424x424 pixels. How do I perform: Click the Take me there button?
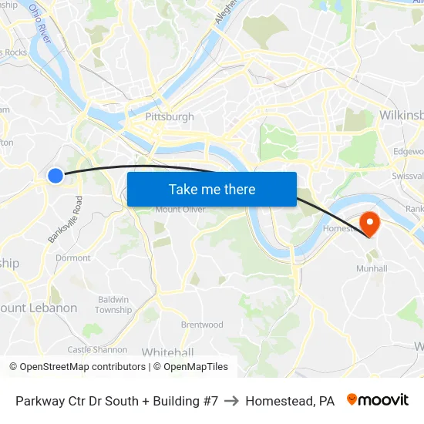point(212,189)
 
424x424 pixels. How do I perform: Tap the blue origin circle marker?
point(56,176)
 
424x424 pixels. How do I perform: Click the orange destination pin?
point(370,224)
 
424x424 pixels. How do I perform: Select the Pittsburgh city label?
point(170,117)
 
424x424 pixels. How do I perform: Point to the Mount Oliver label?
point(180,209)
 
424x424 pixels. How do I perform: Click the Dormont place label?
point(73,257)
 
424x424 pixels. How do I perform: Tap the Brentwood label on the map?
point(202,325)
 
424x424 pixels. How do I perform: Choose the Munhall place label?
point(371,268)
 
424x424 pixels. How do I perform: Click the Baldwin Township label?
point(113,305)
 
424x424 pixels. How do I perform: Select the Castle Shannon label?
point(97,349)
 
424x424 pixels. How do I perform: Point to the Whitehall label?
point(167,352)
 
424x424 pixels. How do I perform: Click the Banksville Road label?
point(65,220)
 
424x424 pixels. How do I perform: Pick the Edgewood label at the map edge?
point(409,152)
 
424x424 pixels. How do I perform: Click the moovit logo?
point(378,400)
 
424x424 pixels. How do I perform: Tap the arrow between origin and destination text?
point(231,401)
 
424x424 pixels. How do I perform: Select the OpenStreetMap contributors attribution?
point(76,367)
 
